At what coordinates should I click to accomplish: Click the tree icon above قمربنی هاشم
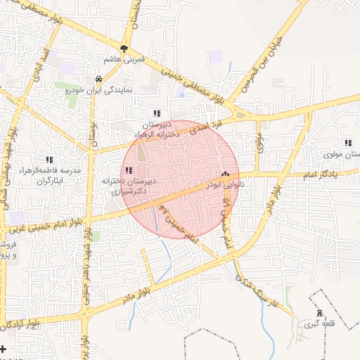[x=124, y=49]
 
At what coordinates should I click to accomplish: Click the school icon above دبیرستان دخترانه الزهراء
[x=157, y=112]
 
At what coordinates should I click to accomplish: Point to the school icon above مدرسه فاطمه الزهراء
[x=49, y=160]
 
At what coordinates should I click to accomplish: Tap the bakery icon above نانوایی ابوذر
[x=225, y=174]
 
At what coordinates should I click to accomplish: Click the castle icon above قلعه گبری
[x=319, y=314]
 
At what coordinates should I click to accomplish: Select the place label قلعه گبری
[x=317, y=325]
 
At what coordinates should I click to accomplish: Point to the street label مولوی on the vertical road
[x=258, y=146]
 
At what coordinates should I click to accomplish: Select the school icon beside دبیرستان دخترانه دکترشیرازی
[x=128, y=170]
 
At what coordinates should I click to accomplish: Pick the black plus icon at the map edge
[x=4, y=349]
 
